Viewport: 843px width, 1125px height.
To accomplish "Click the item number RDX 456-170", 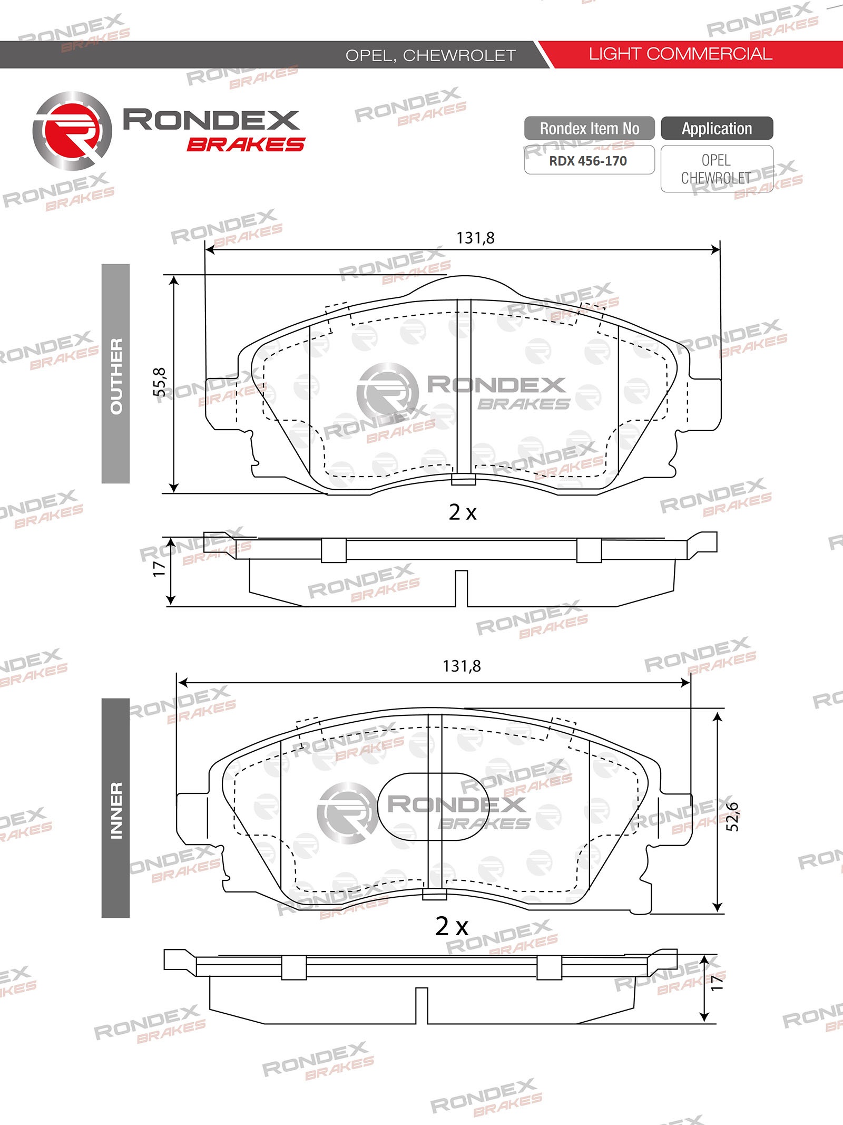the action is [x=588, y=161].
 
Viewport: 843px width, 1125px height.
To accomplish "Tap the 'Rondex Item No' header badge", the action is [x=590, y=128].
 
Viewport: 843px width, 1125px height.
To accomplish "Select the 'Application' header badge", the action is [x=717, y=128].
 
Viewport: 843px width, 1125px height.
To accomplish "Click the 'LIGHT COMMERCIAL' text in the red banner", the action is [x=680, y=54].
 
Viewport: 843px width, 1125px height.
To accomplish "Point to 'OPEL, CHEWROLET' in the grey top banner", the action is [x=430, y=55].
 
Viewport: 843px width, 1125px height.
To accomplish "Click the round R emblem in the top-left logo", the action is [x=72, y=131].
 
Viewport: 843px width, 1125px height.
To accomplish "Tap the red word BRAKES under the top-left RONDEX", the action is [x=246, y=144].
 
